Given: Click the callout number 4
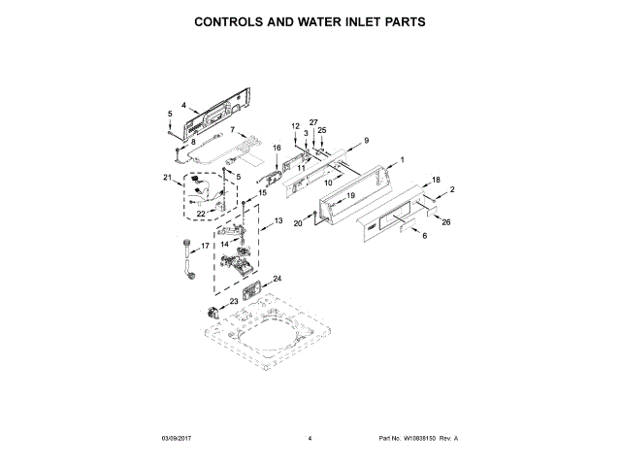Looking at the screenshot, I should click(183, 104).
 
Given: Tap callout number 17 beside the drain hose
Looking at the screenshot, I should click(205, 247).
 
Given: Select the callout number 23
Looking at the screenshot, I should click(207, 302).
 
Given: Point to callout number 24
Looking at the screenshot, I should click(277, 279).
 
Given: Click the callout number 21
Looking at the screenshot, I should click(167, 177).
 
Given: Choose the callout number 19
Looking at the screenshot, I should click(351, 196).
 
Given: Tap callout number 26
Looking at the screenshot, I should click(446, 222).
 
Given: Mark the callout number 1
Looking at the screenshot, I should click(402, 159).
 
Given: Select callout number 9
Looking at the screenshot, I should click(367, 141).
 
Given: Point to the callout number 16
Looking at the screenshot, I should click(277, 148).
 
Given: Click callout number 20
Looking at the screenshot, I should click(299, 224).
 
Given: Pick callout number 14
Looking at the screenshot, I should click(225, 245).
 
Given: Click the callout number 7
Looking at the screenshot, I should click(233, 129).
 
